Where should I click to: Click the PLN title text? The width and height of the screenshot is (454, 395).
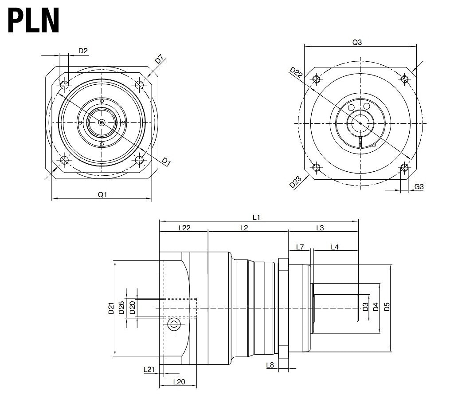point(34,21)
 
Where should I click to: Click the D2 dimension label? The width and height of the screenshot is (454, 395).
point(83,51)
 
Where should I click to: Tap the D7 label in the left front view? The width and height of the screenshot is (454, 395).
point(160,59)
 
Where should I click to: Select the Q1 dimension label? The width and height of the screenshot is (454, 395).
point(102,194)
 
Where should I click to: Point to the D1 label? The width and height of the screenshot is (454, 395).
point(166,162)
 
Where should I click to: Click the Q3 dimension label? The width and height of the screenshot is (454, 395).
point(357,43)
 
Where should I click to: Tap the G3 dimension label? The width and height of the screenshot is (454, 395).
point(419,187)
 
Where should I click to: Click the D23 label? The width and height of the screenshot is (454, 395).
point(295,182)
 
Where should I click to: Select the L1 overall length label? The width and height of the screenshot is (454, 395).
point(256,217)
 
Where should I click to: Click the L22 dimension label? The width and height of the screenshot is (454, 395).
point(184,228)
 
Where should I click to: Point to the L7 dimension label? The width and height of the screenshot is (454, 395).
point(300,247)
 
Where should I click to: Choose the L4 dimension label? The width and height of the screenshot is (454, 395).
point(335,247)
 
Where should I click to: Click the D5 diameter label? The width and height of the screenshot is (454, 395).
point(387,307)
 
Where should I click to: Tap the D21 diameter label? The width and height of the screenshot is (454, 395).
point(111,308)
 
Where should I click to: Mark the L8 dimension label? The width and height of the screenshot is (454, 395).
point(270,365)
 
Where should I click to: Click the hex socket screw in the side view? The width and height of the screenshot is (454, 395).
point(174,325)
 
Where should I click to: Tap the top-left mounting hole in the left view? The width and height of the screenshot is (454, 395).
point(65,84)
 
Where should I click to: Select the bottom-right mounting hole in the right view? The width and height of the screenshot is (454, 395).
point(404,167)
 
